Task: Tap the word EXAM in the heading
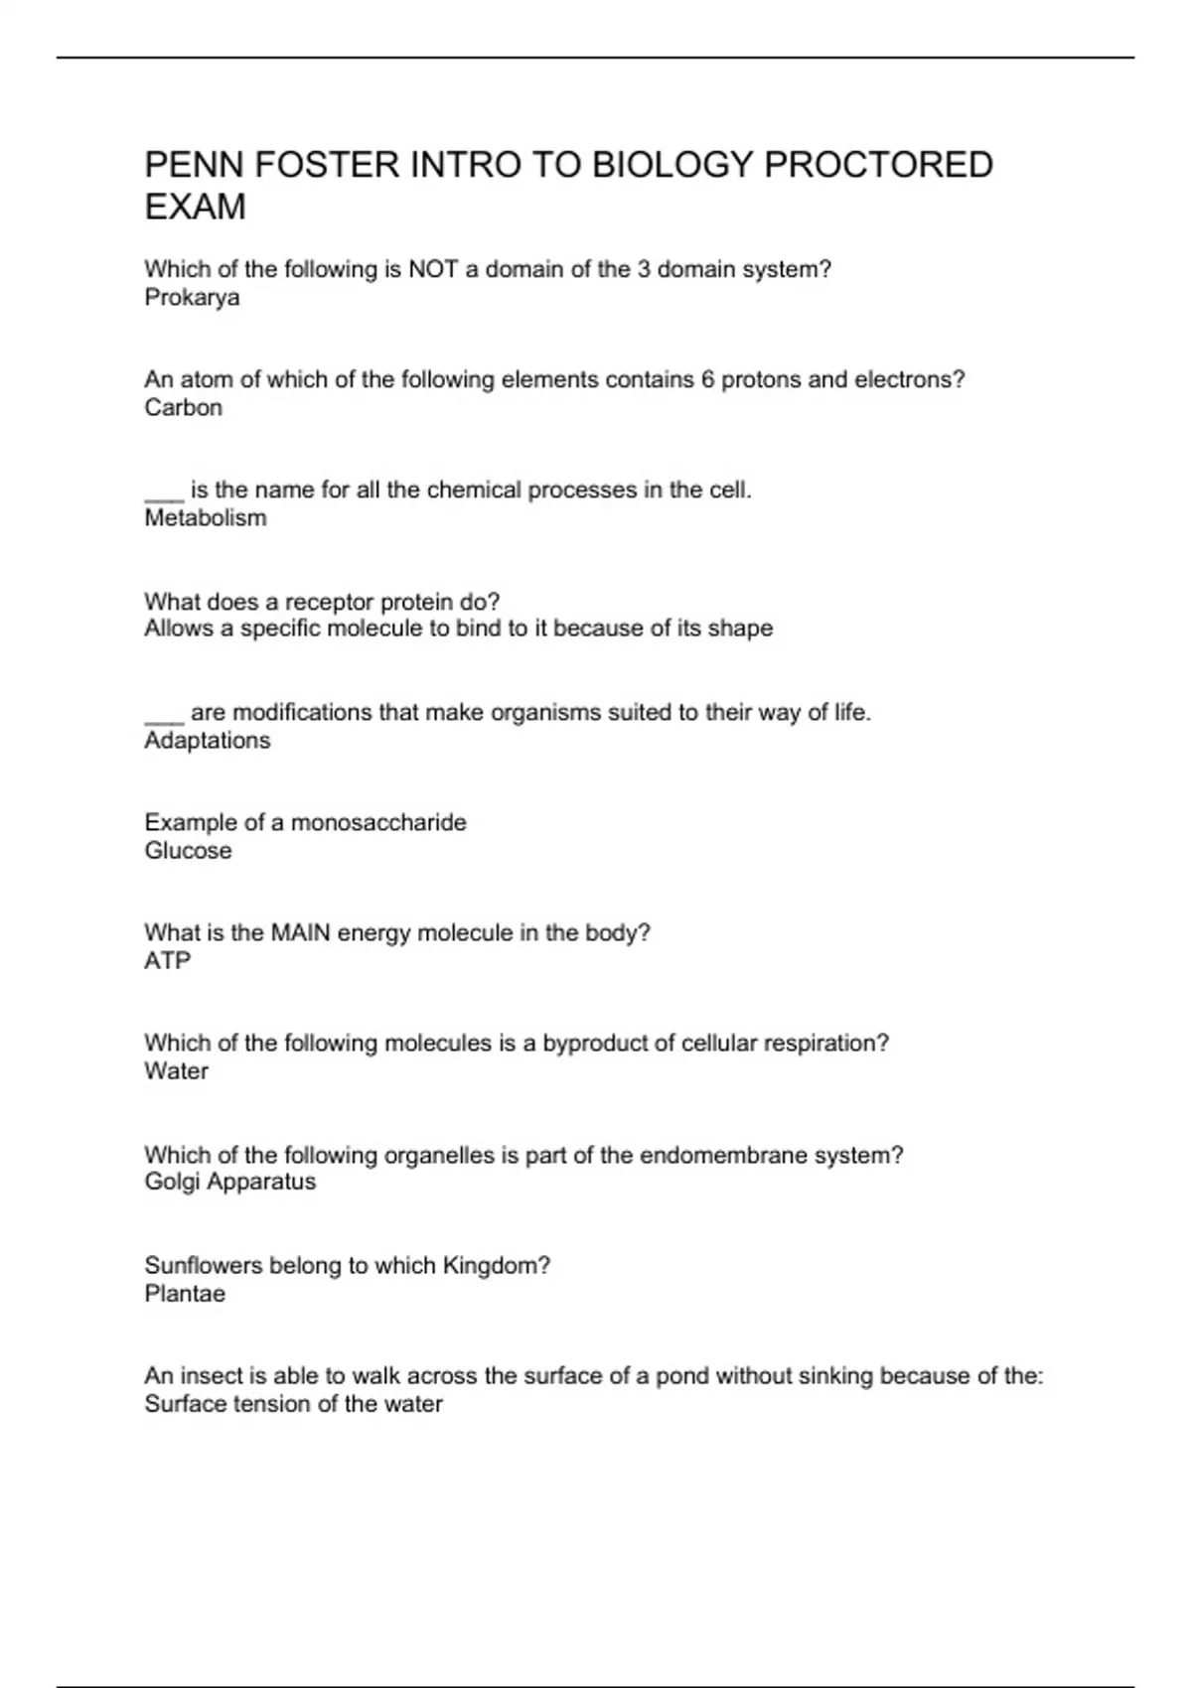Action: pyautogui.click(x=195, y=208)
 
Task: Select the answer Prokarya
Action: pyautogui.click(x=192, y=298)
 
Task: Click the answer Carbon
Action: pyautogui.click(x=183, y=408)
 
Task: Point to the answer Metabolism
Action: pyautogui.click(x=206, y=518)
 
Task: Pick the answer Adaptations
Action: pyautogui.click(x=207, y=741)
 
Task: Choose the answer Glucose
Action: pyautogui.click(x=188, y=851)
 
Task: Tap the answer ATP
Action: pyautogui.click(x=167, y=961)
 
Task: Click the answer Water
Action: pyautogui.click(x=176, y=1071)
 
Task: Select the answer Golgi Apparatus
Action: pyautogui.click(x=229, y=1182)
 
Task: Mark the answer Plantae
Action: pyautogui.click(x=185, y=1294)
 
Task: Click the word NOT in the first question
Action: pyautogui.click(x=432, y=269)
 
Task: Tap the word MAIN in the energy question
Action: pyautogui.click(x=300, y=933)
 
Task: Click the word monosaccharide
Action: pyautogui.click(x=378, y=822)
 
